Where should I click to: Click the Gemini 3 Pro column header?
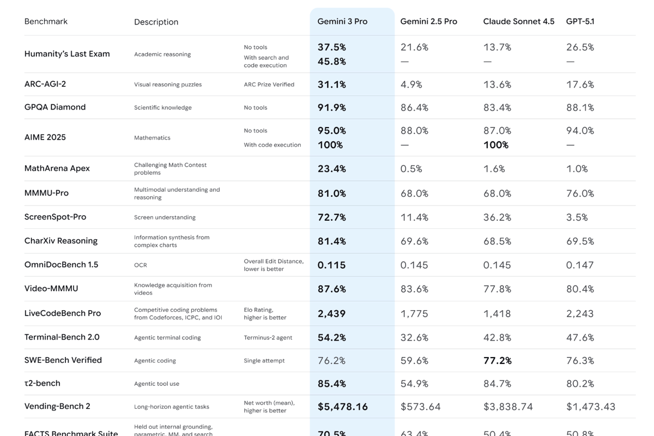click(x=342, y=22)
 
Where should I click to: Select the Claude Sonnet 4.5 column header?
click(x=518, y=22)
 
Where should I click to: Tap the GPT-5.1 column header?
click(x=580, y=22)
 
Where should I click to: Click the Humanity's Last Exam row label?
click(x=67, y=54)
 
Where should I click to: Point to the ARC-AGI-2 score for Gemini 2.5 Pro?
click(x=411, y=84)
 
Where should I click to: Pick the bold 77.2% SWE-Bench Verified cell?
click(x=497, y=361)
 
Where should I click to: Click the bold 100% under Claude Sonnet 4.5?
click(x=496, y=145)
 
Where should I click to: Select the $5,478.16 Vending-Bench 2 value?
click(x=342, y=407)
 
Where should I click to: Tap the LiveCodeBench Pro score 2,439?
click(x=331, y=314)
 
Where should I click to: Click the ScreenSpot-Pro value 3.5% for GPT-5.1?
click(x=577, y=217)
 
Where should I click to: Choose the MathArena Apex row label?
click(x=57, y=168)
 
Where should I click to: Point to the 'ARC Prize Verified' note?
click(x=269, y=84)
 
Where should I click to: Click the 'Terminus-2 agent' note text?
click(x=268, y=338)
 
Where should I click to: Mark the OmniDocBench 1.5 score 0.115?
click(x=331, y=265)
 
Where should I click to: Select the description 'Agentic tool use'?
click(x=156, y=384)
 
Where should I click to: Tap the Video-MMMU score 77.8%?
click(x=497, y=289)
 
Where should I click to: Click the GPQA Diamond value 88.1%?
click(x=580, y=108)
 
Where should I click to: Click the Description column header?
click(x=156, y=22)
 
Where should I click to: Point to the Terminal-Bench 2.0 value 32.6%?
click(x=414, y=338)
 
